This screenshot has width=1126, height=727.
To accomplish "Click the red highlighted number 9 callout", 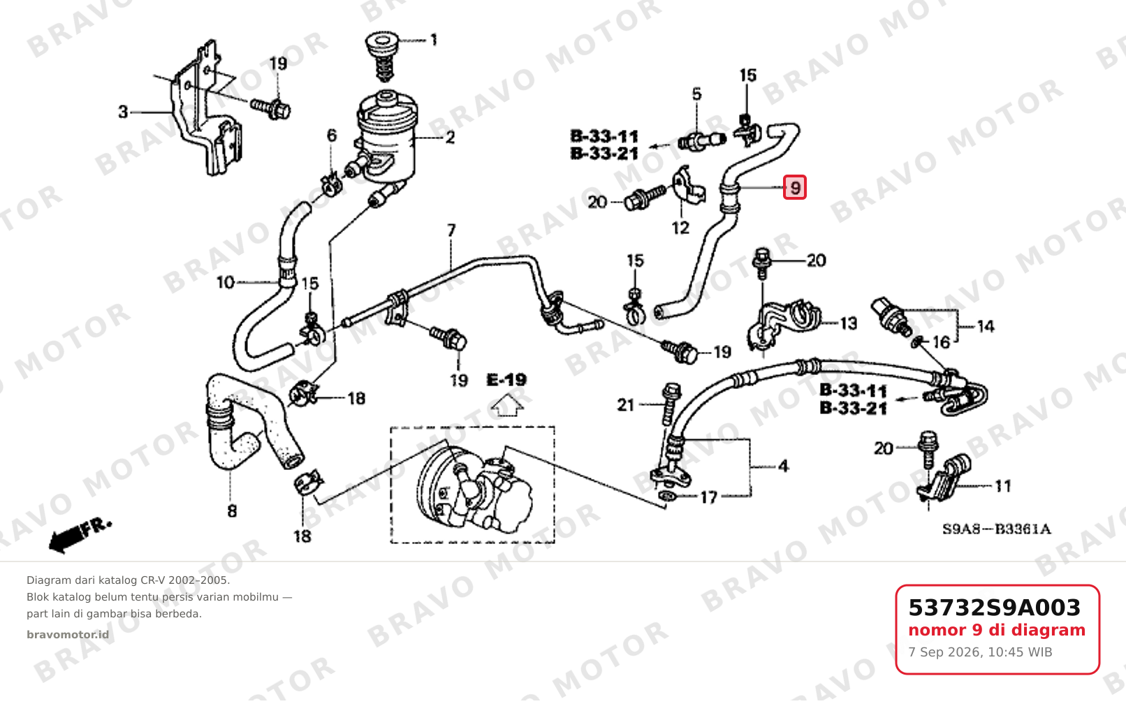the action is pyautogui.click(x=794, y=187).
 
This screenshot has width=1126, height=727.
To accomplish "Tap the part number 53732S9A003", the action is pyautogui.click(x=994, y=608).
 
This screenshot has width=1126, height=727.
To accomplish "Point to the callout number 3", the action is pyautogui.click(x=123, y=112).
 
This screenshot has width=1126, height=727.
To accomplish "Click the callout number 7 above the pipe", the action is pyautogui.click(x=451, y=230).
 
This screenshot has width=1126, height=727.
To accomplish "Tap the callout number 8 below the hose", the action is pyautogui.click(x=232, y=511).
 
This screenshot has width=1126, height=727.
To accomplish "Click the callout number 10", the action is pyautogui.click(x=226, y=282).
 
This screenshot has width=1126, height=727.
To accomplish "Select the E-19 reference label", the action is pyautogui.click(x=506, y=380).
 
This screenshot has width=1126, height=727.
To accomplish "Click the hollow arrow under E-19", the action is pyautogui.click(x=506, y=406).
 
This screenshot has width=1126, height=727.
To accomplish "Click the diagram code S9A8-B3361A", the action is pyautogui.click(x=996, y=529).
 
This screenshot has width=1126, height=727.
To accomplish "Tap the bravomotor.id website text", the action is pyautogui.click(x=68, y=635).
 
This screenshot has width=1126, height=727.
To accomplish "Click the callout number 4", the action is pyautogui.click(x=783, y=467).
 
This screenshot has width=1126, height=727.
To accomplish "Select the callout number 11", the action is pyautogui.click(x=1003, y=486).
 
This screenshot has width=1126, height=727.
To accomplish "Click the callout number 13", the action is pyautogui.click(x=849, y=323).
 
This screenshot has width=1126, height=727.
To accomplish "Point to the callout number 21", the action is pyautogui.click(x=626, y=404).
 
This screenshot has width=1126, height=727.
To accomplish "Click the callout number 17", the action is pyautogui.click(x=709, y=497).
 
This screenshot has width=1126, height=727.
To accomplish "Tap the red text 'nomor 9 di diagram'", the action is pyautogui.click(x=997, y=630).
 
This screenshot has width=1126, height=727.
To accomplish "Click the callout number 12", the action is pyautogui.click(x=680, y=228).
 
